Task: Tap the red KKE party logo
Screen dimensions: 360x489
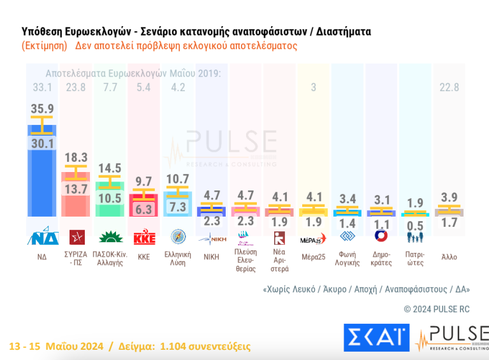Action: [x=143, y=238]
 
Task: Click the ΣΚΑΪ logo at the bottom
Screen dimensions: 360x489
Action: [x=376, y=338]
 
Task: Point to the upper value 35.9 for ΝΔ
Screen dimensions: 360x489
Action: [x=42, y=109]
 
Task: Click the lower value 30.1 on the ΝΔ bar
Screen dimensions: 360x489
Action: [x=42, y=144]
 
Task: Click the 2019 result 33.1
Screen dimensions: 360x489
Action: [x=42, y=87]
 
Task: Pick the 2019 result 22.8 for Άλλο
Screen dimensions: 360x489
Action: [x=449, y=87]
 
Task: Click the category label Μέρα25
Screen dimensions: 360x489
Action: [x=313, y=257]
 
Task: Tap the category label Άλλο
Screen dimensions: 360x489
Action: [x=449, y=257]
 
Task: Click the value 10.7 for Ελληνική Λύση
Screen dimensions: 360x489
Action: [x=177, y=179]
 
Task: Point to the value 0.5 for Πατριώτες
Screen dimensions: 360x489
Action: [x=415, y=226]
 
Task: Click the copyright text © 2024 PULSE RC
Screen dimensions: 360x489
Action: [x=437, y=308]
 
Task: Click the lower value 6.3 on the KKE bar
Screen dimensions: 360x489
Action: [x=143, y=208]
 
